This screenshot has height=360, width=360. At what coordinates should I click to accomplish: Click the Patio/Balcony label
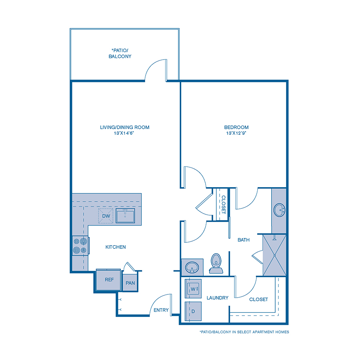[x=120, y=54]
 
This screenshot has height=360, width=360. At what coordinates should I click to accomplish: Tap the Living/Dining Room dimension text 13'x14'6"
[x=124, y=133]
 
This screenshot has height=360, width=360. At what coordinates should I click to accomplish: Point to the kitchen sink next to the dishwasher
[x=125, y=216]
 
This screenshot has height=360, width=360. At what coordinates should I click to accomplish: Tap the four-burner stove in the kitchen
[x=80, y=246]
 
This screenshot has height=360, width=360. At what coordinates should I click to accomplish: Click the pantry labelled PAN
[x=130, y=283]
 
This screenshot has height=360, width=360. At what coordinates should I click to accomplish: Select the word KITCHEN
[x=116, y=247]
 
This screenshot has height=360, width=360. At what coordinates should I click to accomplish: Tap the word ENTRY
[x=161, y=310]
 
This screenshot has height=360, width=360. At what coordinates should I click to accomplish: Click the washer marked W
[x=193, y=288]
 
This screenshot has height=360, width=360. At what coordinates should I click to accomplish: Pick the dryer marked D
[x=193, y=311]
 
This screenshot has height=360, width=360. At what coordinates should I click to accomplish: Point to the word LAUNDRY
[x=218, y=298]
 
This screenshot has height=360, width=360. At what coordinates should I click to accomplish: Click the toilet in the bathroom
[x=216, y=264]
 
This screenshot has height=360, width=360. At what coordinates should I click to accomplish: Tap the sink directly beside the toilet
[x=192, y=267]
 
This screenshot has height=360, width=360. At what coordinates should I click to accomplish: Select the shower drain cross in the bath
[x=275, y=255]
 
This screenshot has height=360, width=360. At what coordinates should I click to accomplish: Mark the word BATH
[x=244, y=240]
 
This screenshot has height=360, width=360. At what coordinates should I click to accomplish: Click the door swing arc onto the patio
[x=154, y=68]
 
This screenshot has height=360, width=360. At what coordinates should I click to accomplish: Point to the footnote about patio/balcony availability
[x=244, y=332]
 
